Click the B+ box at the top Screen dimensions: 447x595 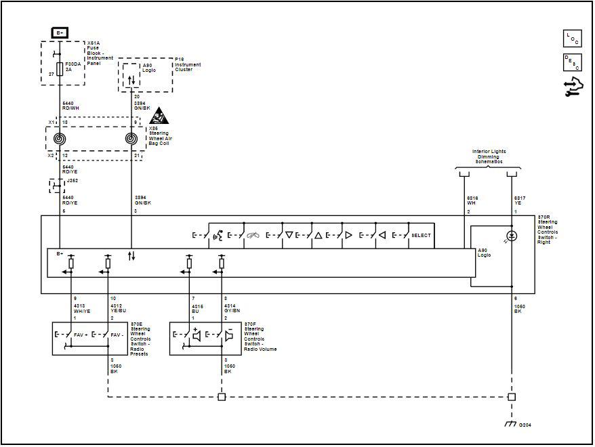60,33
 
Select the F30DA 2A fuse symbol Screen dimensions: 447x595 60,68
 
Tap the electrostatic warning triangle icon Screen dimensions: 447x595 157,115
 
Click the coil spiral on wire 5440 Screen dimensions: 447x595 60,140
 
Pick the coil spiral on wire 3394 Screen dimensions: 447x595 131,140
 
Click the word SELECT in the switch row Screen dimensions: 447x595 421,235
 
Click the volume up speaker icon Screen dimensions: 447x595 197,334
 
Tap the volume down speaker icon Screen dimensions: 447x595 229,334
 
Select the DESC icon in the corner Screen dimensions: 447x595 572,63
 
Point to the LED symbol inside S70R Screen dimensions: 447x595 512,236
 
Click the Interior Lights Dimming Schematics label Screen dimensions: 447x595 489,156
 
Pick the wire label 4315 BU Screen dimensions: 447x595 198,308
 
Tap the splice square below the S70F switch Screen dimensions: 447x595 221,397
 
